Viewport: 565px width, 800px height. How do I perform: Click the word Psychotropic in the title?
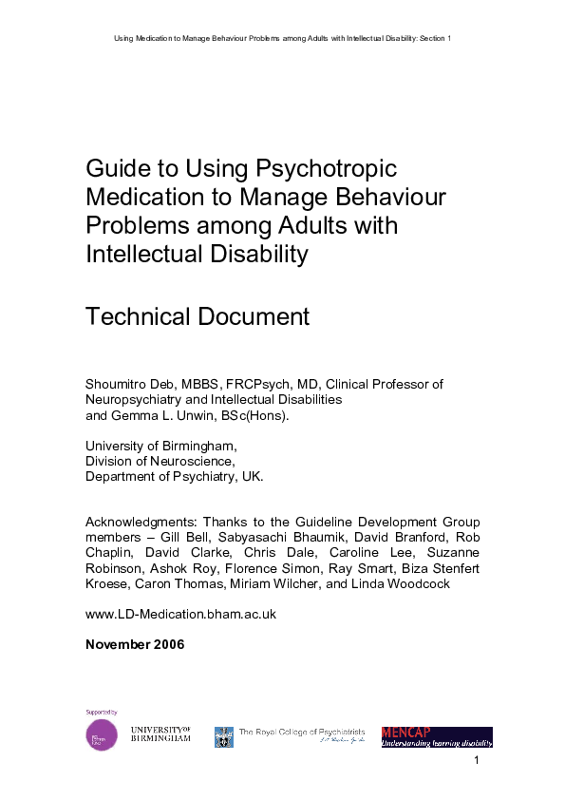326,169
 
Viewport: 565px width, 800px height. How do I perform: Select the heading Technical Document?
198,316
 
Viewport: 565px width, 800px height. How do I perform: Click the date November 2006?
135,644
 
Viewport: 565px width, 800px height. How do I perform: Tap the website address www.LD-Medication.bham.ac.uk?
180,614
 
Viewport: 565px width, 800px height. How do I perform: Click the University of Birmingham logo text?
160,733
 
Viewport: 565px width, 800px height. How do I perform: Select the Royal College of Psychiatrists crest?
224,736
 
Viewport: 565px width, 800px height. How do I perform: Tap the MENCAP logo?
437,736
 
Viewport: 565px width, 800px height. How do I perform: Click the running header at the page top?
282,38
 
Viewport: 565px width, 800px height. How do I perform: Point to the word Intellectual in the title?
141,255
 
